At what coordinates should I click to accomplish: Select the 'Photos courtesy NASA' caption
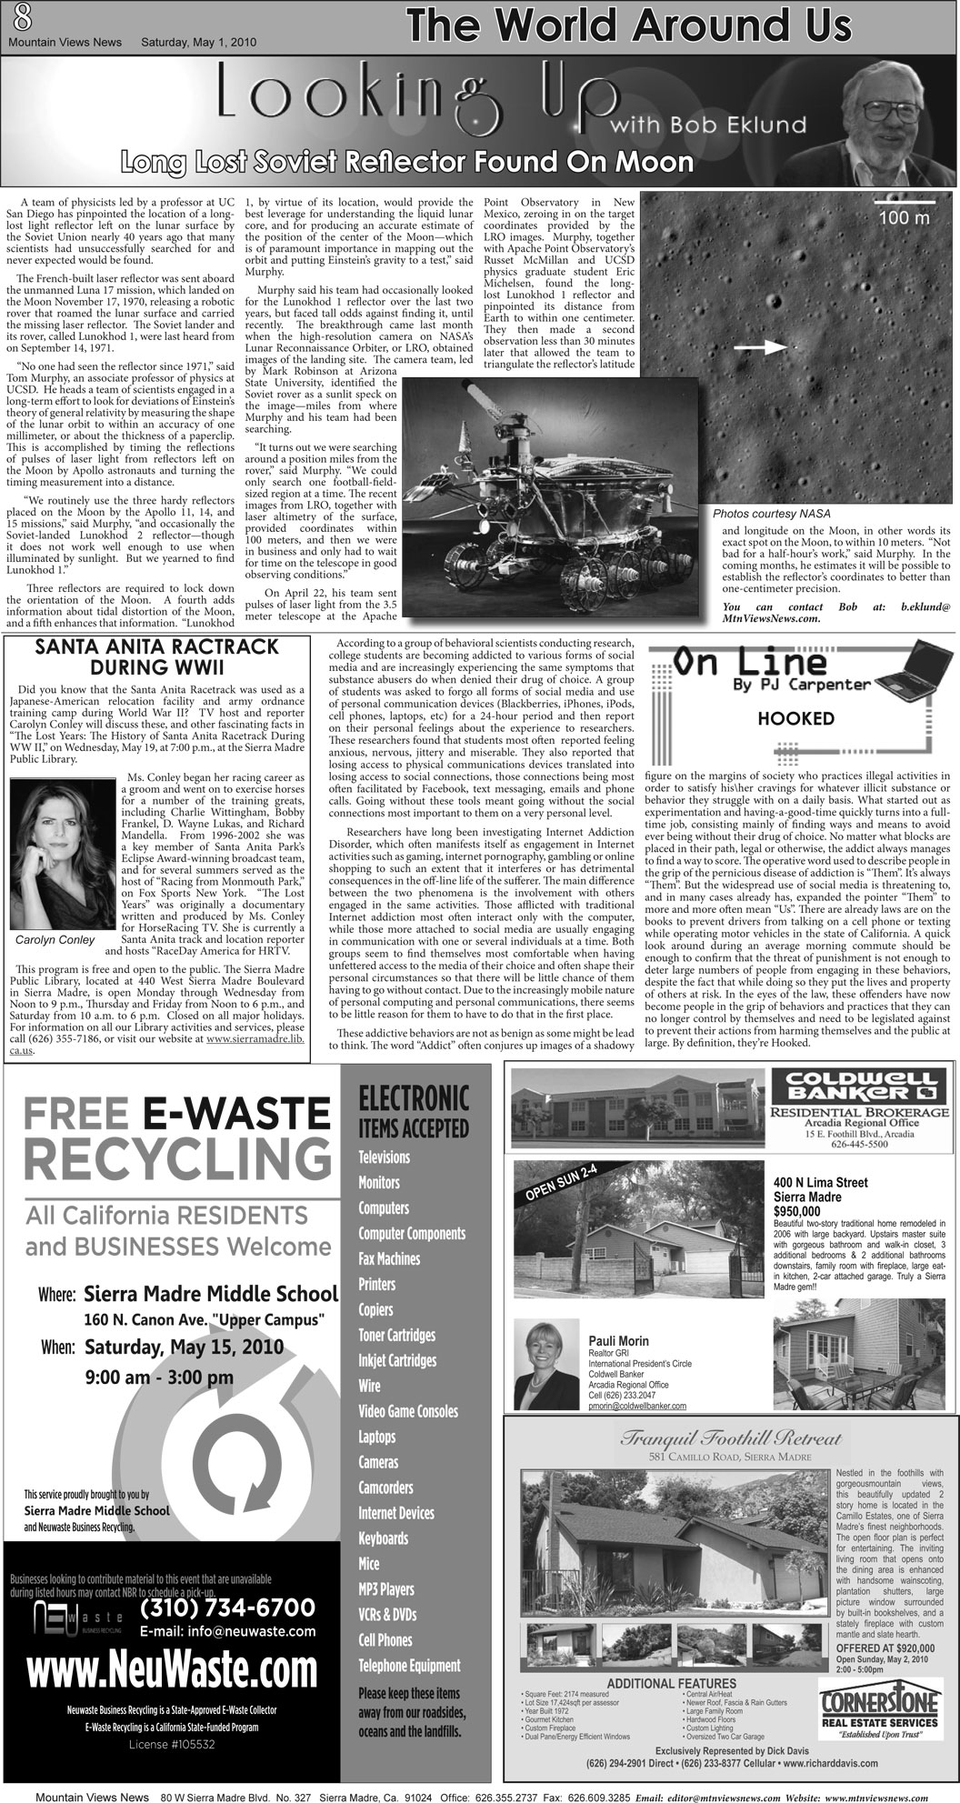[771, 514]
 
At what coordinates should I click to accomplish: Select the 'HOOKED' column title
[795, 718]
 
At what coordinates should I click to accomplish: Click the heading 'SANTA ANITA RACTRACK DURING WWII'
[156, 656]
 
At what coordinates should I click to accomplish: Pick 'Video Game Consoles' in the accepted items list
[407, 1411]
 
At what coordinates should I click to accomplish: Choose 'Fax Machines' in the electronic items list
[388, 1258]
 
